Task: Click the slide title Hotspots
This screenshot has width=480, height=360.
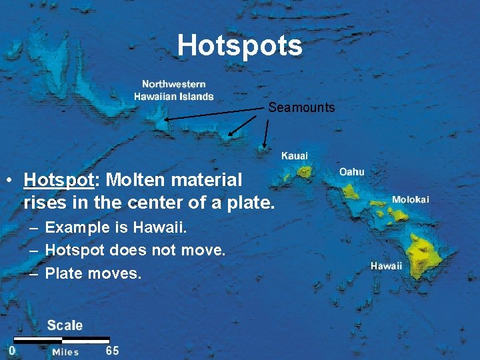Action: (x=240, y=46)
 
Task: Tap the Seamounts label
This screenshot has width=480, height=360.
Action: (x=301, y=107)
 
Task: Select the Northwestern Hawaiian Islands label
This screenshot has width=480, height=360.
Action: (x=174, y=91)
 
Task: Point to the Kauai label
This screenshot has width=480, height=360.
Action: (x=295, y=155)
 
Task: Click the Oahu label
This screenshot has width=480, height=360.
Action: (x=352, y=171)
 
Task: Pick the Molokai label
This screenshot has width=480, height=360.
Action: (x=411, y=199)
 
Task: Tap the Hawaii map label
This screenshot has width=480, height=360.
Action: (x=387, y=265)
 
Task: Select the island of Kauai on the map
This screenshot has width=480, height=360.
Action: (x=304, y=172)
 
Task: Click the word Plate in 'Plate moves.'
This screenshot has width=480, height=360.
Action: (x=63, y=273)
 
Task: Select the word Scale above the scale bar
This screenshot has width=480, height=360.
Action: (x=65, y=325)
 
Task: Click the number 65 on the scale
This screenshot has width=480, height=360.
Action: (x=113, y=350)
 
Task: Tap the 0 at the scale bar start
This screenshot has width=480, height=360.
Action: (x=12, y=350)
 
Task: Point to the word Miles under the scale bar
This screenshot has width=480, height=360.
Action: (x=65, y=352)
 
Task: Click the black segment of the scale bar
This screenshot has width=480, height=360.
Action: (x=37, y=340)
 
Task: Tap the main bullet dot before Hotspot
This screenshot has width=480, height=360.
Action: (x=9, y=181)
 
